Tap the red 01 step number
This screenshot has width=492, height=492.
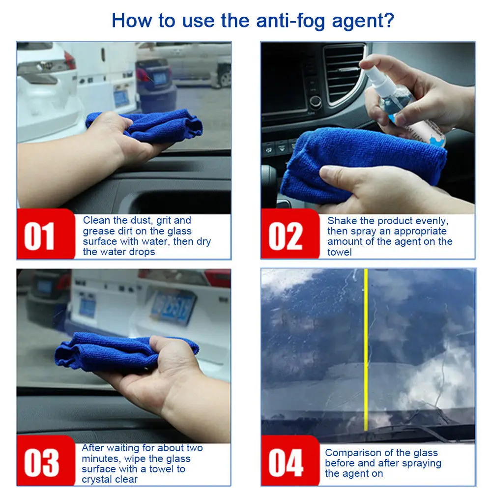click(39, 236)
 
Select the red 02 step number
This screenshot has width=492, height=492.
click(285, 236)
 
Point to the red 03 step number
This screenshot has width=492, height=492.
click(41, 463)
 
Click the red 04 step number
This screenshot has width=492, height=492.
click(286, 463)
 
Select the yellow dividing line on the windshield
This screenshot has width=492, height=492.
click(366, 349)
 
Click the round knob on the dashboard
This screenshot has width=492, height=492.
click(315, 101)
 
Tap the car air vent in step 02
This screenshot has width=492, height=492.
click(344, 74)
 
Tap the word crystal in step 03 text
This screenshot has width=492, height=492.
click(95, 479)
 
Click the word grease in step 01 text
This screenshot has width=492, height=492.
click(98, 231)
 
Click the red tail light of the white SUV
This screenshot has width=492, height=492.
click(69, 60)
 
